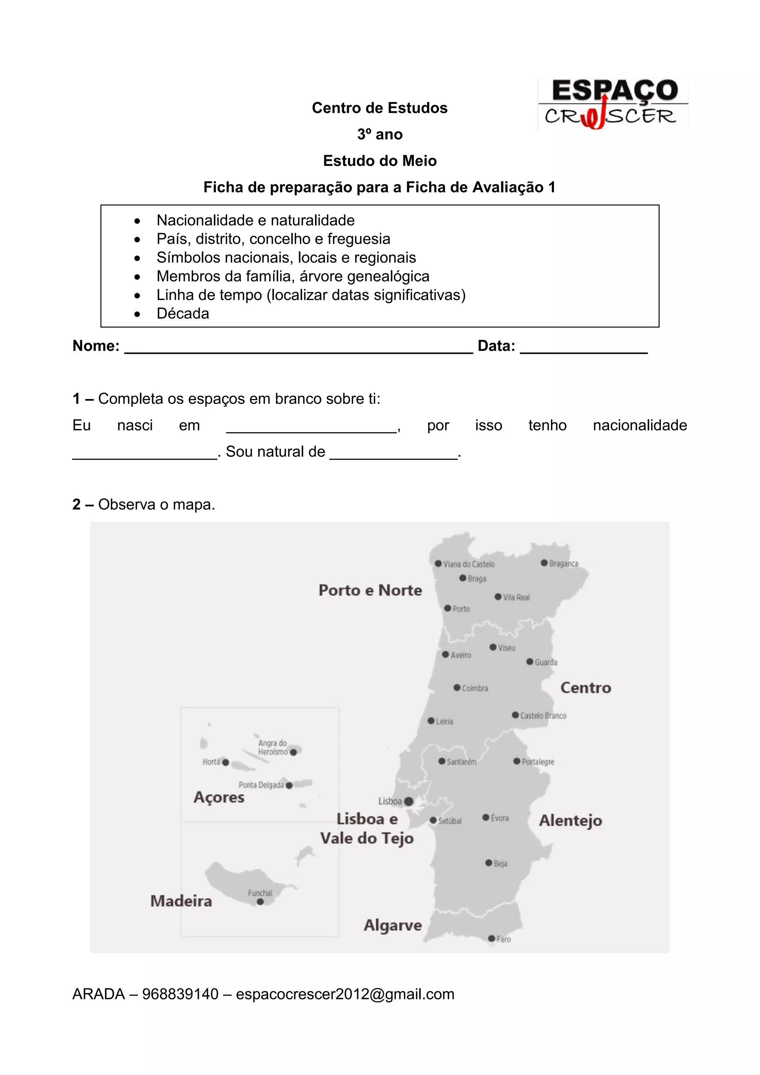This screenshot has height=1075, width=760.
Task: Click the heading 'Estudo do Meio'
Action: pos(380,161)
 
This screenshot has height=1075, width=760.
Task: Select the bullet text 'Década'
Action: pos(183,313)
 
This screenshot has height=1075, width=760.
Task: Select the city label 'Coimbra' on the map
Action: pos(475,688)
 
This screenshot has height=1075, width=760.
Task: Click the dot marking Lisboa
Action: pos(409,801)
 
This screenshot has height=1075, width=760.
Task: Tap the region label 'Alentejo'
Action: pos(570,820)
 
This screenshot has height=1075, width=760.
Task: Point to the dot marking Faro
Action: pos(491,938)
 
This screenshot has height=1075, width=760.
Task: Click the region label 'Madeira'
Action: pos(181,901)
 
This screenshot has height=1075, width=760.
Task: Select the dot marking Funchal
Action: pos(260,902)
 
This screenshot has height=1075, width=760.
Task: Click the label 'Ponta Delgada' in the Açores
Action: pos(261,785)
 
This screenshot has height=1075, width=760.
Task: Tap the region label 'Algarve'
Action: pos(393,925)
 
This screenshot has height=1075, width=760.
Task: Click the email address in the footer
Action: pos(345,994)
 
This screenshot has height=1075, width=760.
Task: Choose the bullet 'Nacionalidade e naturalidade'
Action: pos(256,220)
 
